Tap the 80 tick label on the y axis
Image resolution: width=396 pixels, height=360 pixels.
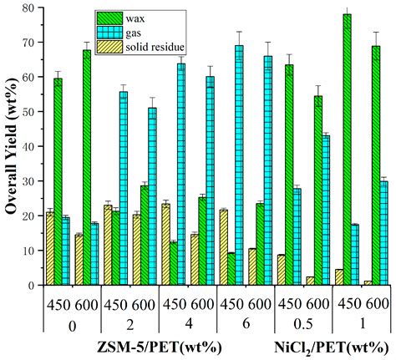31,8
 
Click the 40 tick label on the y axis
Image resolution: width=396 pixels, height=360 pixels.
31,146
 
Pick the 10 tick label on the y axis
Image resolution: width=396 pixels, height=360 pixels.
31,251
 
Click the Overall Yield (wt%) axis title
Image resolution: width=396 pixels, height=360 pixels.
11,146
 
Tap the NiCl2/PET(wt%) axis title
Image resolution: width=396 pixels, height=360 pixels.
320,345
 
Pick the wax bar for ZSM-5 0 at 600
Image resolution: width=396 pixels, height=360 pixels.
87,168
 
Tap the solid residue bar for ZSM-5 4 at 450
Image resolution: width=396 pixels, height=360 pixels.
165,244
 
